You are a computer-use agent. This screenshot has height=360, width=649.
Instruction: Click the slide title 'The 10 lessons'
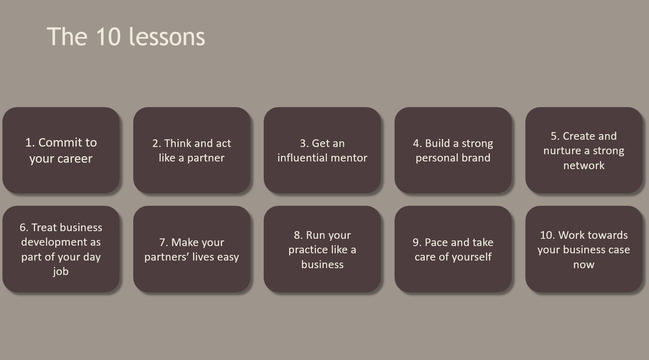[x=126, y=37]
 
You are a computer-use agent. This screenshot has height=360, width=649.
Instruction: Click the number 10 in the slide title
[x=108, y=37]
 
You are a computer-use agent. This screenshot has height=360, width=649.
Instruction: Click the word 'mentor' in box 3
[x=348, y=158]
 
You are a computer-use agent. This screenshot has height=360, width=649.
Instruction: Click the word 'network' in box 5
[x=583, y=166]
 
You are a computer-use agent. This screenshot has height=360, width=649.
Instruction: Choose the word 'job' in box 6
[x=60, y=271]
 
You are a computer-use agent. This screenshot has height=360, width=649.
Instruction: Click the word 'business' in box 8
[x=322, y=265]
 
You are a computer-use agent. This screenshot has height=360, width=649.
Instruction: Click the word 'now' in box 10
[x=583, y=265]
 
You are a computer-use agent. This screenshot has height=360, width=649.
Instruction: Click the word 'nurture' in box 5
[x=562, y=151]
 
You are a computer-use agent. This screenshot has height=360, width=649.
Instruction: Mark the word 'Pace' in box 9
[x=436, y=242]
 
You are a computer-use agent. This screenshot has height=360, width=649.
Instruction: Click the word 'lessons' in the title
[x=167, y=37]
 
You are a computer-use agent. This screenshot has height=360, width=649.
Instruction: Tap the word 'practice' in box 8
[x=308, y=250]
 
